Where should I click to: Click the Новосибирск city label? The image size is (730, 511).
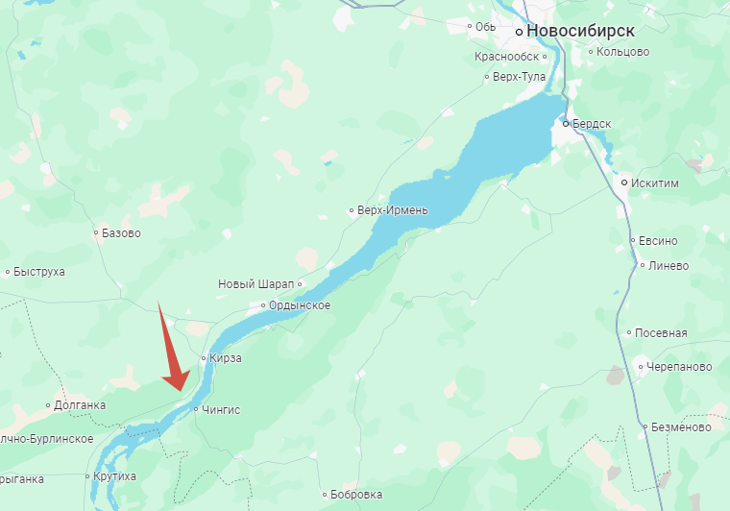[x=587, y=31]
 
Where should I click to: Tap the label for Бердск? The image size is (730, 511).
[x=593, y=124]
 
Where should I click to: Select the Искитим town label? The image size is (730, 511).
[x=652, y=182]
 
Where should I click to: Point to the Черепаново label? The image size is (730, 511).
[x=679, y=366]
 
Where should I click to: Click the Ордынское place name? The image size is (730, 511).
[x=301, y=305]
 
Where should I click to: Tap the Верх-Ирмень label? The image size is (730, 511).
[x=392, y=210]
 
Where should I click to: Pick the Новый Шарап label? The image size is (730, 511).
[x=256, y=284]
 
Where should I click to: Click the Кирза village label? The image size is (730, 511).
[x=225, y=358]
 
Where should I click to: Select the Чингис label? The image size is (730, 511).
[x=221, y=409]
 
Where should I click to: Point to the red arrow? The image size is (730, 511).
[x=172, y=351]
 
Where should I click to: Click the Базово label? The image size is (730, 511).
[x=121, y=232]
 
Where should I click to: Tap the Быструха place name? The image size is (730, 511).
[x=39, y=272]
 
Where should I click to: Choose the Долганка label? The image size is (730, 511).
[x=80, y=405]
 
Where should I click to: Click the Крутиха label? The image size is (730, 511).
[x=115, y=476]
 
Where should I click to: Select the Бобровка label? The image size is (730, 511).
[x=355, y=495]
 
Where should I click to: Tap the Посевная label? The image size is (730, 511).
[x=662, y=333]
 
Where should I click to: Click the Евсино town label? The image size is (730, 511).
[x=659, y=241]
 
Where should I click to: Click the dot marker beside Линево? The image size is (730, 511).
[x=642, y=266]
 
